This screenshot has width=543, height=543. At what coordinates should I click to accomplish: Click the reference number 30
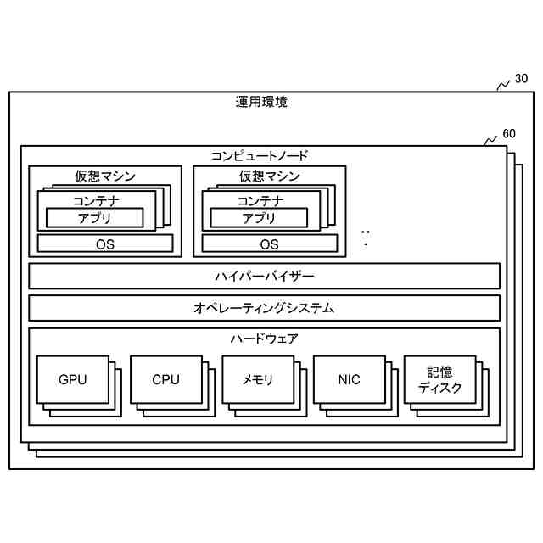[521, 79]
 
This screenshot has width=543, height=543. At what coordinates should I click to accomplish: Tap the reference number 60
[509, 134]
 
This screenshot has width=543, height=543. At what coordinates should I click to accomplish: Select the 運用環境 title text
[261, 103]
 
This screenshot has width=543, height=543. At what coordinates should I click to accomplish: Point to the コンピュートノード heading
[260, 156]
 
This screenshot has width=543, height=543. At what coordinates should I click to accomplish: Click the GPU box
[73, 379]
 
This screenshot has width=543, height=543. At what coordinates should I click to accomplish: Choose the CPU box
[165, 379]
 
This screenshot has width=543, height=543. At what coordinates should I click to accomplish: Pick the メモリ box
[258, 379]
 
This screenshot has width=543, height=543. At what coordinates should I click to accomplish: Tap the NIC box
[349, 379]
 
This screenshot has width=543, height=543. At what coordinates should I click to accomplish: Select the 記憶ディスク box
[439, 379]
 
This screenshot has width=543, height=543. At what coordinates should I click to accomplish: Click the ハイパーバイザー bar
[264, 277]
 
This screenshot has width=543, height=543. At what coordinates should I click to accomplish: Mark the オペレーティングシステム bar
[264, 308]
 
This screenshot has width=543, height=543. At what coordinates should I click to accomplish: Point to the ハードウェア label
[264, 339]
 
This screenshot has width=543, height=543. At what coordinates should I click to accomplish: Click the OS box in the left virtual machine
[105, 244]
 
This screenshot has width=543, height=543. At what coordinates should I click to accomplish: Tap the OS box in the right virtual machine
[269, 244]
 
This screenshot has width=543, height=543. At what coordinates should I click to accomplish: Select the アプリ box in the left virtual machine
[95, 218]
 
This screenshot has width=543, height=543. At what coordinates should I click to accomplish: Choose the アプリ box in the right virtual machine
[260, 218]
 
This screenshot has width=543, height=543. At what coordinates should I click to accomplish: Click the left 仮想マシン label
[105, 176]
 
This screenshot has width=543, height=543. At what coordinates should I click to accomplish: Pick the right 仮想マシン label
[269, 176]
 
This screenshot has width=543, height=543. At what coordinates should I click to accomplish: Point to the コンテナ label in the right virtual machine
[260, 201]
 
